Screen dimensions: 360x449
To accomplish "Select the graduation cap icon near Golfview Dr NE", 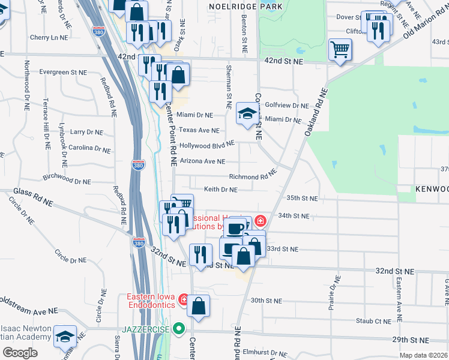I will pos(246,113).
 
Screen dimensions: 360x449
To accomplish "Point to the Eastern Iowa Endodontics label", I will pos(152,301).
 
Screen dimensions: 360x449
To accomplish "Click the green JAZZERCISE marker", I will pos(178,329).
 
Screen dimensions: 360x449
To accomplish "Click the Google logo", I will pos(20,352).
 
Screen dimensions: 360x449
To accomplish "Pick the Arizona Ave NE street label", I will pos(202,161).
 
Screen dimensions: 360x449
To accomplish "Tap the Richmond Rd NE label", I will pos(252,176).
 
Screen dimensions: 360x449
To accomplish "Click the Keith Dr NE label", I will pos(220,190).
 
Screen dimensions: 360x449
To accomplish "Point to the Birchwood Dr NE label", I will pos(67,180).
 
